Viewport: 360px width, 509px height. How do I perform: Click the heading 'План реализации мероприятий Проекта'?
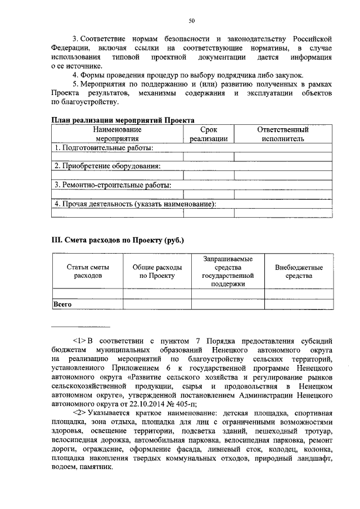click(x=123, y=120)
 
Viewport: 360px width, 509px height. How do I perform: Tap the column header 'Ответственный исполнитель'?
click(x=282, y=133)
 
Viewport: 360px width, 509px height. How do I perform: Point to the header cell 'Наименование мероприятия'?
click(x=117, y=133)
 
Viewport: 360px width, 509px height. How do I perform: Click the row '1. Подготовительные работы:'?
click(x=103, y=147)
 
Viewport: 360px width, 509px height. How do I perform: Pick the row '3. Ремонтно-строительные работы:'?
click(x=112, y=184)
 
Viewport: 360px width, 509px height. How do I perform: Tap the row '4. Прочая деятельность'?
click(x=135, y=204)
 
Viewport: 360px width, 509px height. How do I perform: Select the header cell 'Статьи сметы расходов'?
click(x=88, y=272)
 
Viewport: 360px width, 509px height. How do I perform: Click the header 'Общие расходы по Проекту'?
click(x=157, y=272)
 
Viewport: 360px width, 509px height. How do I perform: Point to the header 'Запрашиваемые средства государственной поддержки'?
click(x=228, y=272)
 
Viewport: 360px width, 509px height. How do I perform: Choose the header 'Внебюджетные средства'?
click(x=299, y=272)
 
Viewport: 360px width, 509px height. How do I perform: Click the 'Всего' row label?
click(x=63, y=304)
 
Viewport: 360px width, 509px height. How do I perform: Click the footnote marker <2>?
click(x=79, y=412)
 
